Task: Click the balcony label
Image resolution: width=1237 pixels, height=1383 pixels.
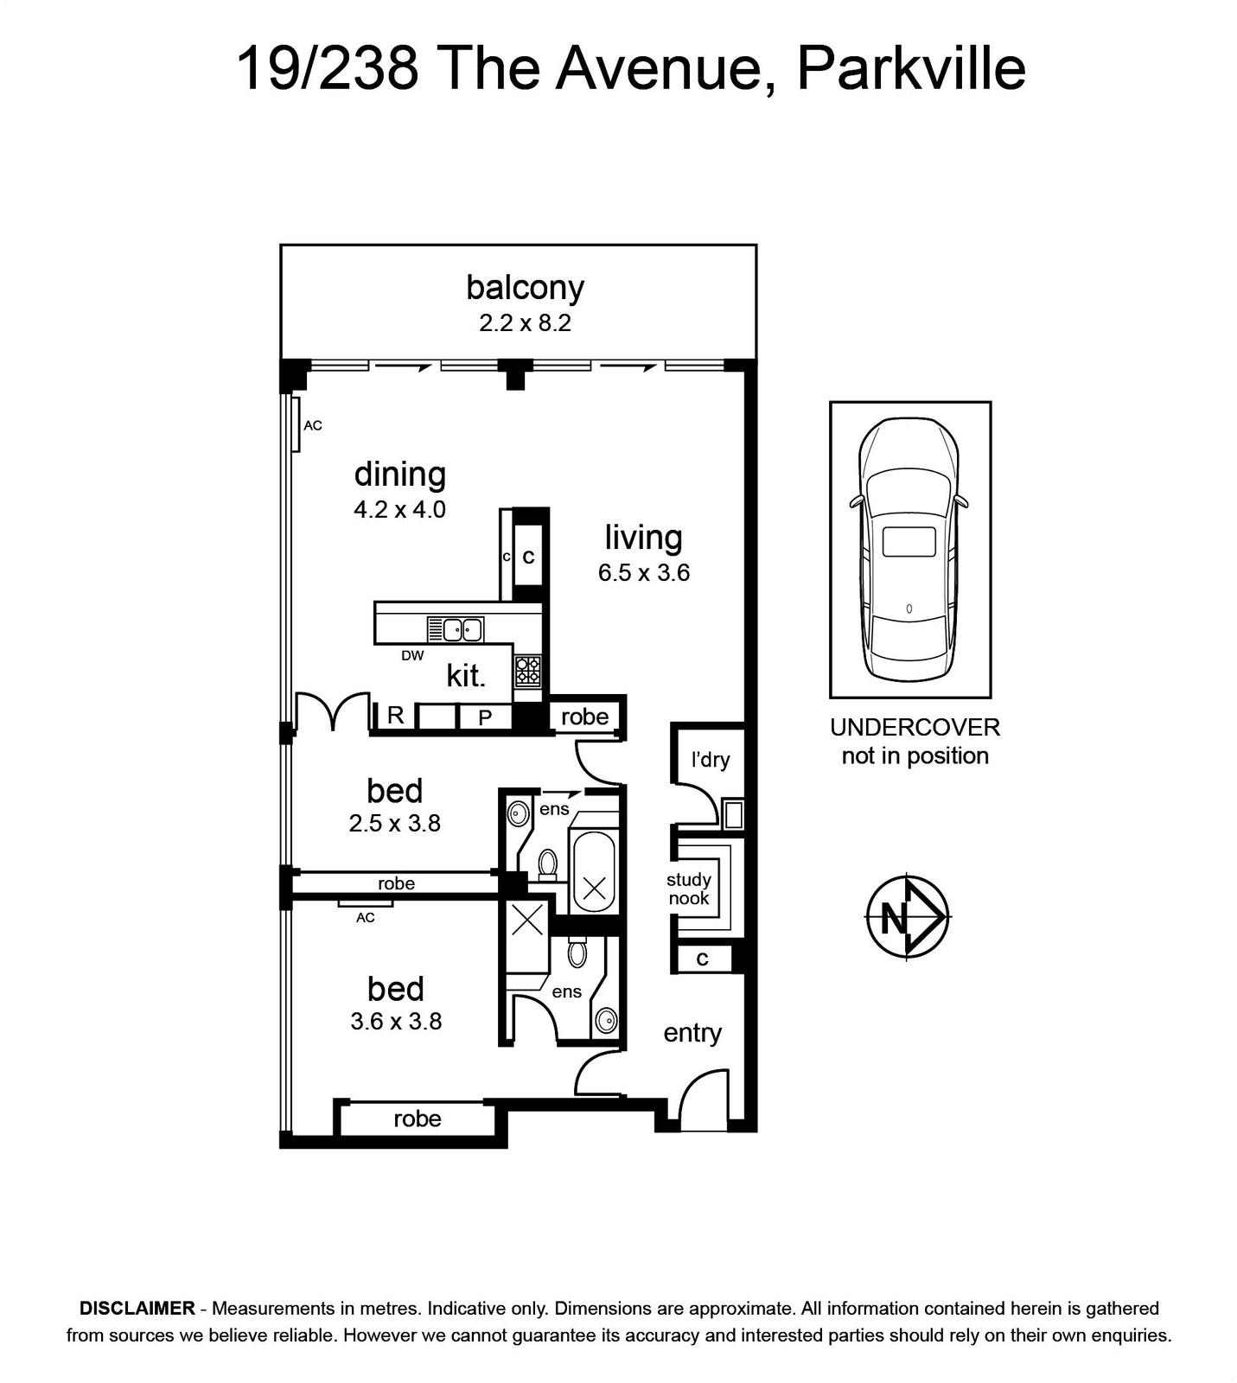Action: point(525,287)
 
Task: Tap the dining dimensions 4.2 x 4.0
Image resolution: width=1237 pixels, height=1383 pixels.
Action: point(399,510)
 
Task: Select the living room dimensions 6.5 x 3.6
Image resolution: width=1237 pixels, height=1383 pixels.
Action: point(644,573)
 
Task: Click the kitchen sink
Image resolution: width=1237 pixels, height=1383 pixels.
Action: point(455,629)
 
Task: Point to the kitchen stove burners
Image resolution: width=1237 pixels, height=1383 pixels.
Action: point(528,671)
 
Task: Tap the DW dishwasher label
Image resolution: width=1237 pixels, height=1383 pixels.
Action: point(412,656)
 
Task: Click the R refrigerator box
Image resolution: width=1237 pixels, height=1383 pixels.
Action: point(396,716)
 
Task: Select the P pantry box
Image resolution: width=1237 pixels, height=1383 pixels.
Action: point(485,717)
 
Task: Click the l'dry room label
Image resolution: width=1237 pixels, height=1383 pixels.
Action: point(711,759)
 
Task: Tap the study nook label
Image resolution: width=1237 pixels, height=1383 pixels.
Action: point(688,889)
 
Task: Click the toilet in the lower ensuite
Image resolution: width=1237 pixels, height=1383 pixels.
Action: point(577,953)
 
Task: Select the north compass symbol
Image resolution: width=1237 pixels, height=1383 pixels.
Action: point(908,916)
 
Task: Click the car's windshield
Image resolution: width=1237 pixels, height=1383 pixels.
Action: point(909,493)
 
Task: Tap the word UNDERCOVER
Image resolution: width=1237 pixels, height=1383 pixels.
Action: point(915,727)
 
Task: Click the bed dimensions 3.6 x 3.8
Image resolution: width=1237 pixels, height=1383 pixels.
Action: point(396,1022)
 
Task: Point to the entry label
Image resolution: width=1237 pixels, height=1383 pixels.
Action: point(692,1034)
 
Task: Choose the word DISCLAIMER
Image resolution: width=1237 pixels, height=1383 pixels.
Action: point(137,1309)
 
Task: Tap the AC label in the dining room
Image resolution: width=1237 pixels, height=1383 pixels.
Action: point(313,425)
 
